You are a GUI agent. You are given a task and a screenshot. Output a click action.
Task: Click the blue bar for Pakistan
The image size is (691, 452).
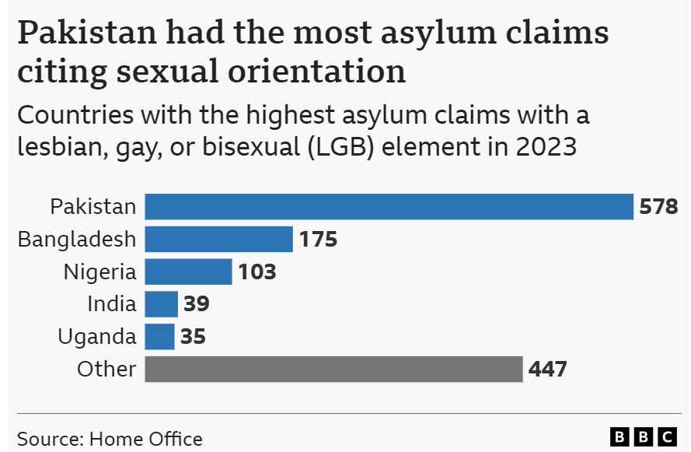389,207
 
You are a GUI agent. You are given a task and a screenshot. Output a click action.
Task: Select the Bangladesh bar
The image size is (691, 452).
219,240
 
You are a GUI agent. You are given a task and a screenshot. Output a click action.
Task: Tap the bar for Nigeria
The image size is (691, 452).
188,272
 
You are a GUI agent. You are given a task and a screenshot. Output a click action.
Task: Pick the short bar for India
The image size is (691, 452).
161,304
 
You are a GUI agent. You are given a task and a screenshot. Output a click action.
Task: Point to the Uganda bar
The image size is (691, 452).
159,337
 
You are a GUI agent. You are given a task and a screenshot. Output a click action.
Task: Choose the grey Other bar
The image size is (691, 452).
333,369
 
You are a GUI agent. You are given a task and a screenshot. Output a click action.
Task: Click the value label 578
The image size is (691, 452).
658,207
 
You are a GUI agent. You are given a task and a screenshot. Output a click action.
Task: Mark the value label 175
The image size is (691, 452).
318,240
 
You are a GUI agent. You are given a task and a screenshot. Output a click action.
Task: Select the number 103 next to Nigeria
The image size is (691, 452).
257,272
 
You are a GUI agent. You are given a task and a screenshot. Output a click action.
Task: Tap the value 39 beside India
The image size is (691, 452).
196,304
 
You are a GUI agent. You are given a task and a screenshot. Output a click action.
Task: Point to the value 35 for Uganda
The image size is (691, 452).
193,337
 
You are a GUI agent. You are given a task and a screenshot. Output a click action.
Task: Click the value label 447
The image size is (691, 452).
547,369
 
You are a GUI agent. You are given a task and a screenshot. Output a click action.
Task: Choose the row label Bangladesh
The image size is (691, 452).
77,240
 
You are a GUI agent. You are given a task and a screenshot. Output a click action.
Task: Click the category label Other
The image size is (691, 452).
106,369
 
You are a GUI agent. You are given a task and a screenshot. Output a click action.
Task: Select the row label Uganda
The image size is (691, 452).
97,337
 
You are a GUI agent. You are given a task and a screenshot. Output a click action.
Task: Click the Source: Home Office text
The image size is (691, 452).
110,439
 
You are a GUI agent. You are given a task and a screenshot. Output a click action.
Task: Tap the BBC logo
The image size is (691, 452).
644,437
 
